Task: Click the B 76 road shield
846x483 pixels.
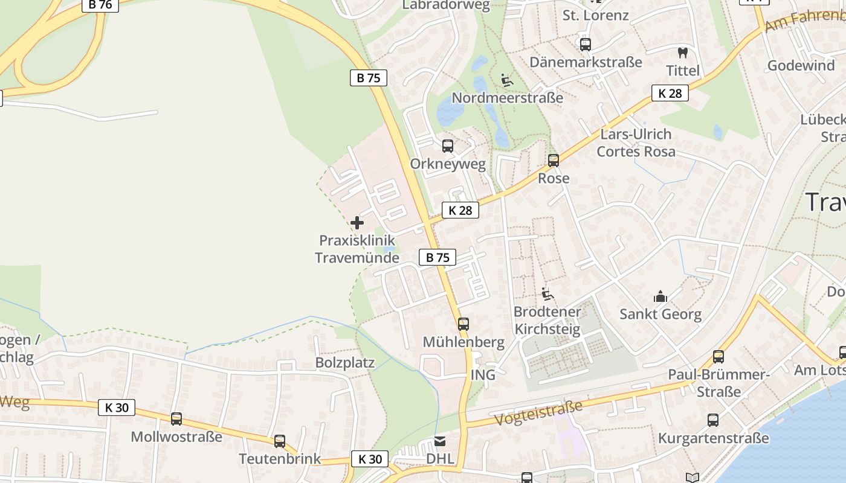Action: (100, 5)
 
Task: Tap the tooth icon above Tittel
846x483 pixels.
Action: (683, 53)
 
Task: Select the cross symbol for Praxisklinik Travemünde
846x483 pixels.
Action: (357, 223)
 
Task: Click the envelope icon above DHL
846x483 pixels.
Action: (440, 441)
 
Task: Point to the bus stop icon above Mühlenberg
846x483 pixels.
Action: (463, 324)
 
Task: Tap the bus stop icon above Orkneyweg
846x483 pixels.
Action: (447, 146)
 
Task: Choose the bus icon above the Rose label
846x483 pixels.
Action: (554, 161)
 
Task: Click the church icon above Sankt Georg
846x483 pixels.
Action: (660, 296)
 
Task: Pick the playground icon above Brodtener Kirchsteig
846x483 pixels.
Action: (547, 294)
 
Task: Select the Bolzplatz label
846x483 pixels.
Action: (345, 363)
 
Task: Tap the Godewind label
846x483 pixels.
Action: (801, 65)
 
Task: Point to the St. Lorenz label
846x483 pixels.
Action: (595, 15)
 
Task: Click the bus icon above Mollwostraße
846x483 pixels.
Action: (176, 418)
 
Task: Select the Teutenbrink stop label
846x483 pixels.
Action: (280, 458)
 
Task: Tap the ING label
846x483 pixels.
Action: (483, 375)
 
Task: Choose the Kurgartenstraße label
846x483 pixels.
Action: (713, 438)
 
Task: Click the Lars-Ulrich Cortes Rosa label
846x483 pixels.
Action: (636, 142)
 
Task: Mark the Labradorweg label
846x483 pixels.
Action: (446, 5)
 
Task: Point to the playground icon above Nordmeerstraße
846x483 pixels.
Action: (507, 80)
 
